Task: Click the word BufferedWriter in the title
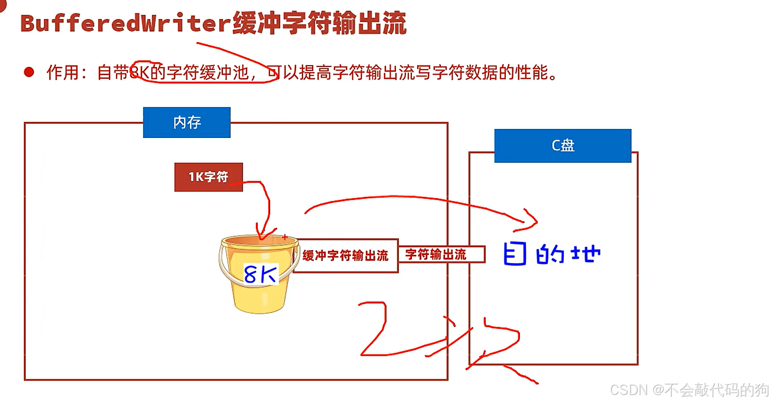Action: pos(126,23)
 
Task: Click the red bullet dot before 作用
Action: pos(29,72)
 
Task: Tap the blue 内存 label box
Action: pos(186,122)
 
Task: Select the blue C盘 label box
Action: pos(562,145)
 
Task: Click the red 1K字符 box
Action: pos(208,177)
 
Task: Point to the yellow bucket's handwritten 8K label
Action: pos(260,274)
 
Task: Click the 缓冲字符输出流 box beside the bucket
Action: pos(345,255)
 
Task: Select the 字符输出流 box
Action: pos(436,254)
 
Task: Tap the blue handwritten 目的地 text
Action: pos(552,254)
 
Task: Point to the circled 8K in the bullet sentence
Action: pos(140,72)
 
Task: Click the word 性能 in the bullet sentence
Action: pos(531,72)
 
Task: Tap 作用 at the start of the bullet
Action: pos(63,72)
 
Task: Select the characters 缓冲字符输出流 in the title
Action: pos(319,23)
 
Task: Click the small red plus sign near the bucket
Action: pos(285,237)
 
